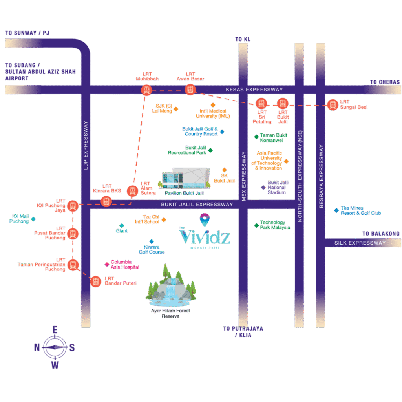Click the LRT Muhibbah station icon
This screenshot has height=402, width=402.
pyautogui.click(x=146, y=90)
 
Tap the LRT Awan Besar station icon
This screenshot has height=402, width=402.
pyautogui.click(x=190, y=90)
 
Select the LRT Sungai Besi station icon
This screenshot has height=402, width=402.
pyautogui.click(x=333, y=105)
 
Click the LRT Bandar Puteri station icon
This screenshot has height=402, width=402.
pyautogui.click(x=96, y=281)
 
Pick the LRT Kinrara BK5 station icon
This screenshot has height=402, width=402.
pyautogui.click(x=106, y=202)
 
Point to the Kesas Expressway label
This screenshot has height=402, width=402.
pyautogui.click(x=254, y=90)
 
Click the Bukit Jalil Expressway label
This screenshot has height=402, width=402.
pyautogui.click(x=197, y=205)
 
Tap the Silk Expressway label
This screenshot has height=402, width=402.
pyautogui.click(x=360, y=243)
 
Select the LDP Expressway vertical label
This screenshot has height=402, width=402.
pyautogui.click(x=86, y=145)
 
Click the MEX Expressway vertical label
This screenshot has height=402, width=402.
pyautogui.click(x=243, y=176)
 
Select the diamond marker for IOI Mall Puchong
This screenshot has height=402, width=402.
pyautogui.click(x=33, y=219)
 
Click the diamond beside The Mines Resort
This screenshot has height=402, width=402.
pyautogui.click(x=336, y=210)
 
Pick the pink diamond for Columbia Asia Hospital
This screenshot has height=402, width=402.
pyautogui.click(x=106, y=264)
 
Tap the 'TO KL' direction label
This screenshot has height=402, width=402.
pyautogui.click(x=243, y=39)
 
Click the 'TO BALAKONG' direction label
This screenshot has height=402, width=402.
pyautogui.click(x=380, y=234)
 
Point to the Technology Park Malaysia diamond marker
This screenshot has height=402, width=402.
pyautogui.click(x=256, y=225)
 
